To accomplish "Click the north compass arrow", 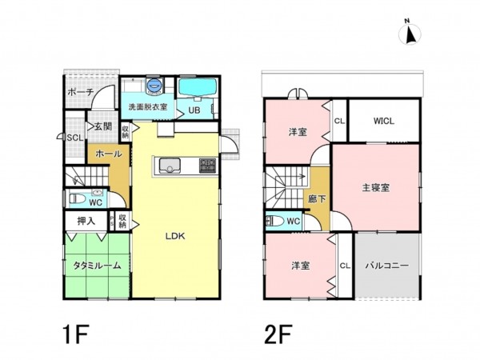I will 410,34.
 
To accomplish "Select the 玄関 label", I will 102,126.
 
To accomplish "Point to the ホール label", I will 108,153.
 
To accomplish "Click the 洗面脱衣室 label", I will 148,106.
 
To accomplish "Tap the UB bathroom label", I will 194,110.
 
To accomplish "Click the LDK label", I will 175,236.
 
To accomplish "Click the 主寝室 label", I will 375,188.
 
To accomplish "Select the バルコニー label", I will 386,265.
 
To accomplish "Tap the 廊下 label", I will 317,198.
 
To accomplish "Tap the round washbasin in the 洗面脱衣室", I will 155,84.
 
